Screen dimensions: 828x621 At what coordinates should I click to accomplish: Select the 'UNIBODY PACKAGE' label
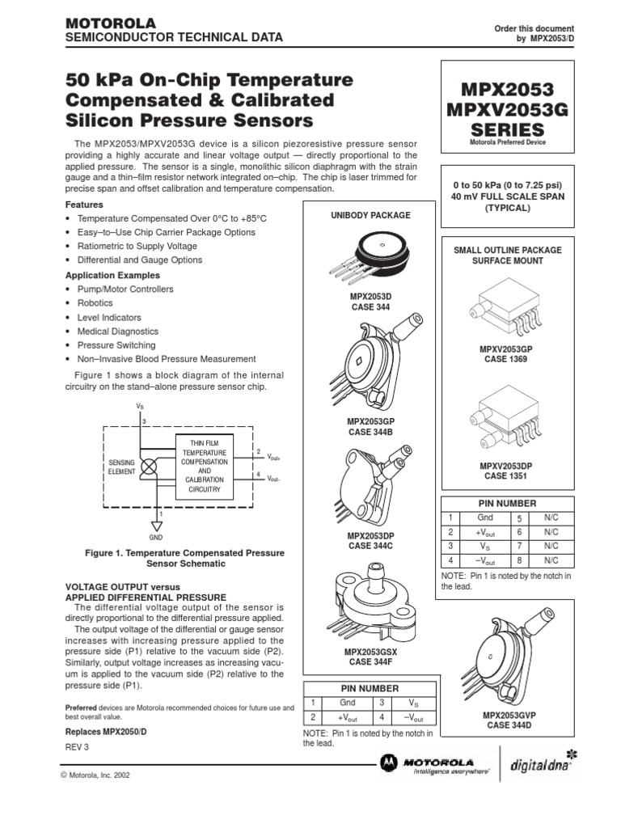[370, 215]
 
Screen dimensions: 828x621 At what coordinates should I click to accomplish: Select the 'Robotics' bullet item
[95, 303]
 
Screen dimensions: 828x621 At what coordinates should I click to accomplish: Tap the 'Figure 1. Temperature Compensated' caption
[185, 553]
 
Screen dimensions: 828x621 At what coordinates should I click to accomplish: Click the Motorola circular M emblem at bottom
[390, 763]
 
